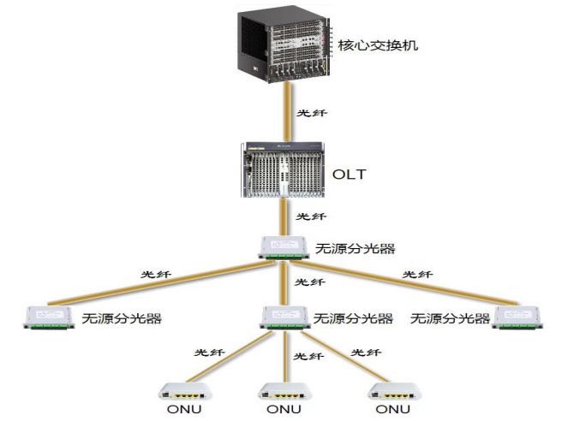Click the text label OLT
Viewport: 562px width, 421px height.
tap(350, 174)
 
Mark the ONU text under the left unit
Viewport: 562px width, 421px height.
tap(182, 411)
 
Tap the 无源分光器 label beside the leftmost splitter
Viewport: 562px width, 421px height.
tap(123, 318)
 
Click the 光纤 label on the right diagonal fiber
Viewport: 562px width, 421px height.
tap(417, 276)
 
